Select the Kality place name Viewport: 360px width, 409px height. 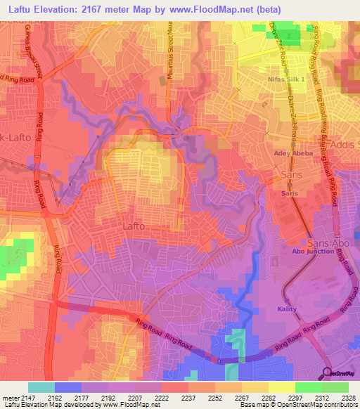(287, 309)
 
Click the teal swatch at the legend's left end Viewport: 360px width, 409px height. (41, 387)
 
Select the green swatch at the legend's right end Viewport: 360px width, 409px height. (335, 387)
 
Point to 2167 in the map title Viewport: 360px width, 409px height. (96, 10)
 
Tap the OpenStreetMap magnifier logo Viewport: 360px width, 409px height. (327, 373)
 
